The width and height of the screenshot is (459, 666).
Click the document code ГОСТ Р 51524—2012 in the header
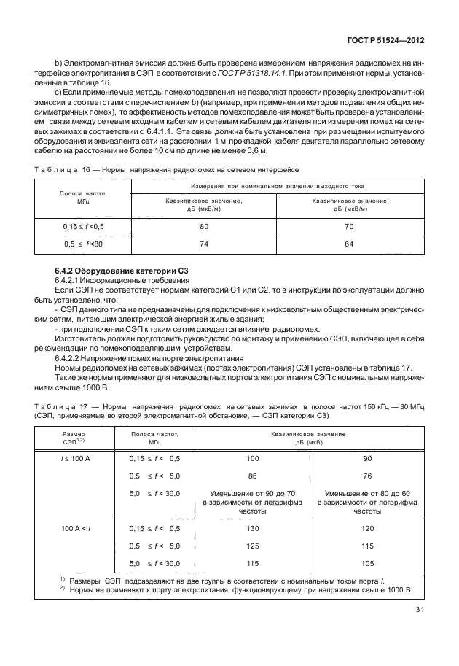click(x=393, y=43)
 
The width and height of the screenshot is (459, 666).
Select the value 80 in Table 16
click(x=204, y=227)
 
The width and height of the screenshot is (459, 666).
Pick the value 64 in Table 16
click(x=349, y=244)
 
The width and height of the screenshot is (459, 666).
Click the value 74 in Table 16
click(x=204, y=244)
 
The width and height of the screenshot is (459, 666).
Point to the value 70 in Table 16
click(x=349, y=227)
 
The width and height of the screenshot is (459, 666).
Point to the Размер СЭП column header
click(x=70, y=438)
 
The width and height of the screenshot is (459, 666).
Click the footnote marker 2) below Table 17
click(x=63, y=589)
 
